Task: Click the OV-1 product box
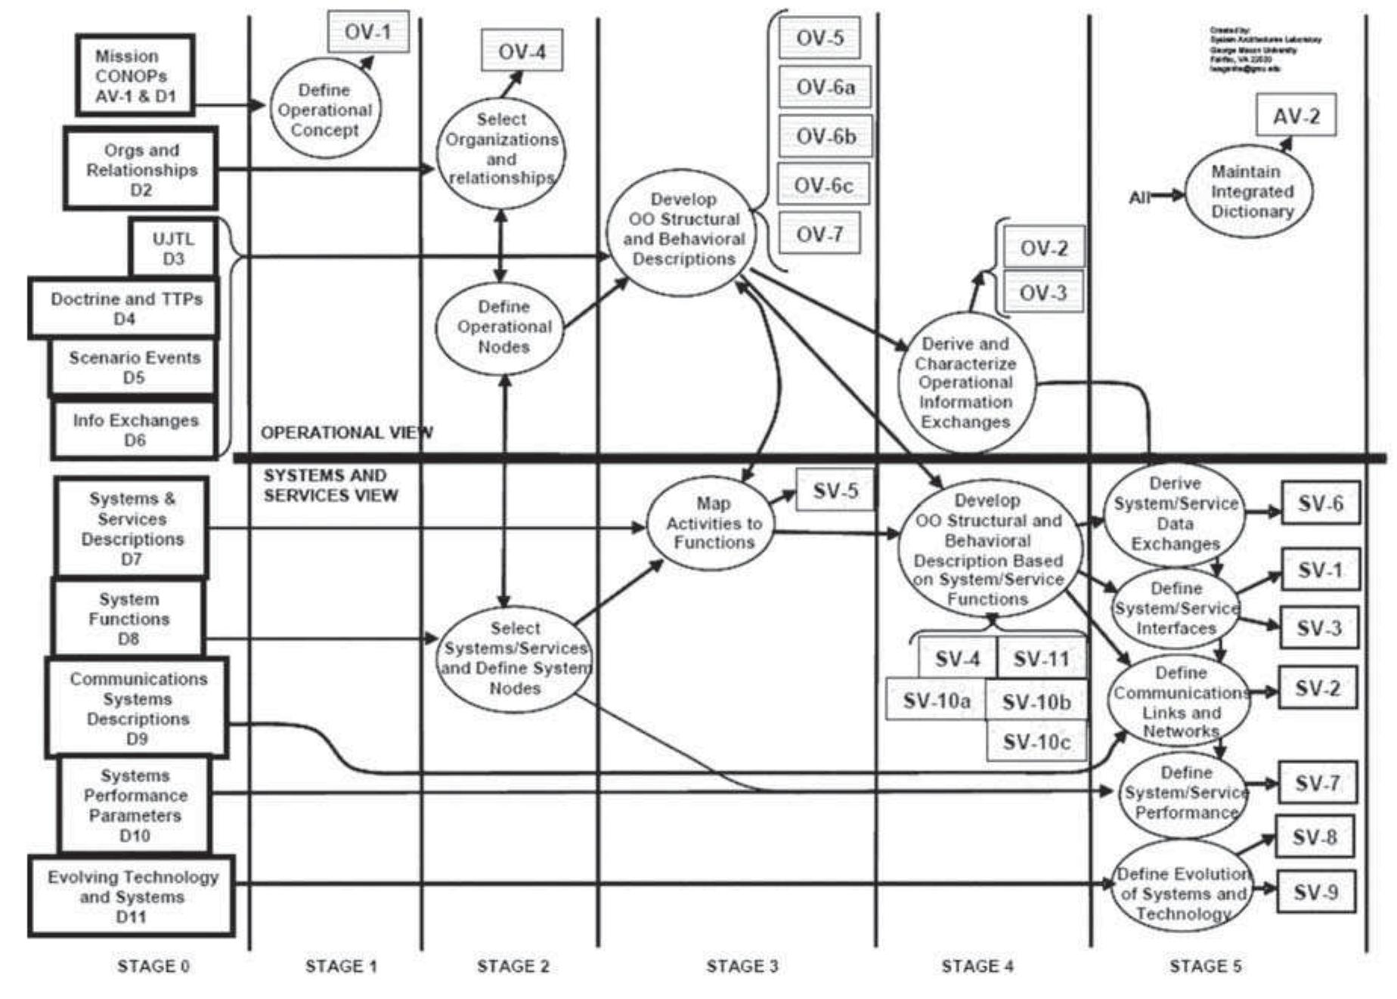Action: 368,32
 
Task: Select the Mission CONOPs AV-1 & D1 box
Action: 135,76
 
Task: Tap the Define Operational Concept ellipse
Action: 325,110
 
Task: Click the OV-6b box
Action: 825,136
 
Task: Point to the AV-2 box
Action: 1296,116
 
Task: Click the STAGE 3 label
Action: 742,966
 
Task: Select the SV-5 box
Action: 835,490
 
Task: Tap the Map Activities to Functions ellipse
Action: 713,523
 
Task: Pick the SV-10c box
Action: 1036,741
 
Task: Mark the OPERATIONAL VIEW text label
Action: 347,432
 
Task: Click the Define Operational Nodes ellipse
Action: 503,327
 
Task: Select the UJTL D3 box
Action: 173,249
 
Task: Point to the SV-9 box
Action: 1315,892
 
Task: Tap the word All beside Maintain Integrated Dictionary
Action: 1139,197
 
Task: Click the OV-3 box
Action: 1043,292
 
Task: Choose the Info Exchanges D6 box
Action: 135,430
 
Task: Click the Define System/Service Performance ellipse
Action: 1185,793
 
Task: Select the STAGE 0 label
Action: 153,966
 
